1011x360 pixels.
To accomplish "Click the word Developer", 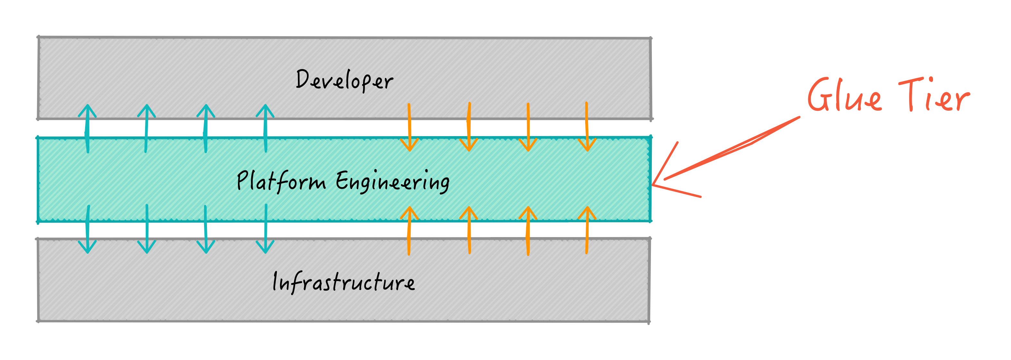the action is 344,80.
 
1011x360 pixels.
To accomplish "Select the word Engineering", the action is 392,182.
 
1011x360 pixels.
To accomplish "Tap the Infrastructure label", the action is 343,282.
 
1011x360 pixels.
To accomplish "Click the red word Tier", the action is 934,94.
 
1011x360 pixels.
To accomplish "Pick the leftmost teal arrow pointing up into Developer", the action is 87,128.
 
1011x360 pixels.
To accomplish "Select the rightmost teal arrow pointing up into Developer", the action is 265,128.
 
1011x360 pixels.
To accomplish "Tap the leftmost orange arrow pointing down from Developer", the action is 409,127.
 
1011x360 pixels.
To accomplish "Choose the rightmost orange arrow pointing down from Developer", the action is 587,126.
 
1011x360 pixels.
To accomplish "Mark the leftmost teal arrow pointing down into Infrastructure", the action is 87,229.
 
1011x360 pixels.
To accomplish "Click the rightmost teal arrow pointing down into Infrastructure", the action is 265,228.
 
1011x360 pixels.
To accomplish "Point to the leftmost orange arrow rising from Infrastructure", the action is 409,231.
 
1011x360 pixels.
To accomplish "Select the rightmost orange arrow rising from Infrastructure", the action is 587,230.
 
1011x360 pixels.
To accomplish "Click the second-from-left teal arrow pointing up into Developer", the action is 146,128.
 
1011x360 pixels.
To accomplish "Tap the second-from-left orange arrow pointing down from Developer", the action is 469,127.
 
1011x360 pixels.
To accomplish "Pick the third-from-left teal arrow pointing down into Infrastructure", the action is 206,229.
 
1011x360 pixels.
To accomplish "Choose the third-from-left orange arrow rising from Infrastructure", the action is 528,231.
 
